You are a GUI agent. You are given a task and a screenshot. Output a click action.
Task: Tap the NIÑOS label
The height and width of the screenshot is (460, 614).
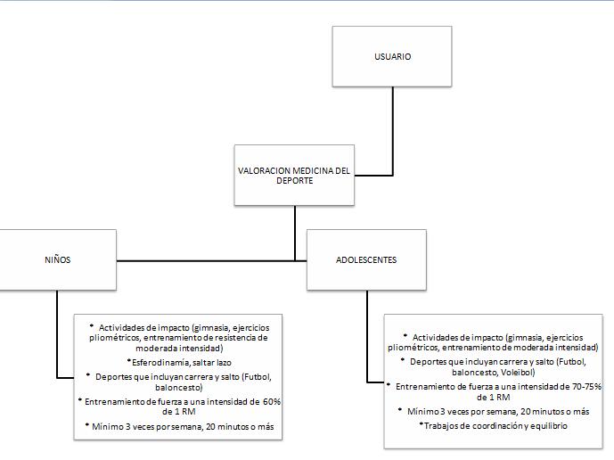[57, 260]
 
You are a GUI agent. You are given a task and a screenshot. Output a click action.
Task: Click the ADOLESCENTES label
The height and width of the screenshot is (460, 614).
[366, 260]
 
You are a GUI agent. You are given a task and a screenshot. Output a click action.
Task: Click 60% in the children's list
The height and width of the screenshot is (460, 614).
[271, 402]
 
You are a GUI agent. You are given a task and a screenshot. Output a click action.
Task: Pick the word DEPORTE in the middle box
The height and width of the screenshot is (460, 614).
[293, 181]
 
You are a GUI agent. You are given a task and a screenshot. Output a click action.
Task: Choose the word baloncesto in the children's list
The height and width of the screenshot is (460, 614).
[180, 389]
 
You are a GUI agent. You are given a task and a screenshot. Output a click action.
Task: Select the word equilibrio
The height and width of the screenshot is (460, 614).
[547, 426]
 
